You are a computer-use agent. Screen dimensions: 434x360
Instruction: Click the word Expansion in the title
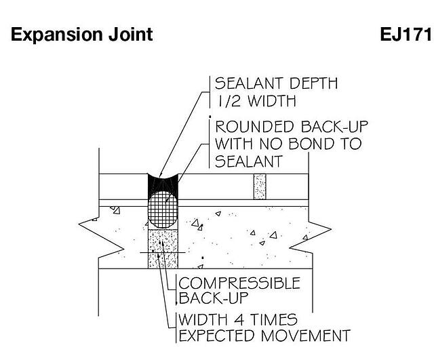57,35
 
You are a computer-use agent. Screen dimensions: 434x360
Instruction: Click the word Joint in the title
130,35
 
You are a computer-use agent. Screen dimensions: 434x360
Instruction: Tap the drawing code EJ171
406,35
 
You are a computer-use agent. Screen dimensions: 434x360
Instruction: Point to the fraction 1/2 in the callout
229,101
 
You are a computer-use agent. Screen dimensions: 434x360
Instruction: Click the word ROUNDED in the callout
254,127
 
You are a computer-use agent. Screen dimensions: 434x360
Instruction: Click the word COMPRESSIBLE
239,283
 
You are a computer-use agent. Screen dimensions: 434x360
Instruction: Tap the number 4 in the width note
239,320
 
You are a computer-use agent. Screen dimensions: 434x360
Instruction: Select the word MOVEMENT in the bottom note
306,336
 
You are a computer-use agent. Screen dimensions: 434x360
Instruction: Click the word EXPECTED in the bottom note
218,336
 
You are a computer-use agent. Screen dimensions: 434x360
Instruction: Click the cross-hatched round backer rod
163,209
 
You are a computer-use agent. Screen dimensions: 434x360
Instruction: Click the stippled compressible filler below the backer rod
163,249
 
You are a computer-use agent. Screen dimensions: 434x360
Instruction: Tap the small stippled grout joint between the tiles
260,186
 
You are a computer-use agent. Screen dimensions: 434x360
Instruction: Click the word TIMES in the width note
273,320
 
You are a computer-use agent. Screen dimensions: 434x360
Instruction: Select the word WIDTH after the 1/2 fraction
272,101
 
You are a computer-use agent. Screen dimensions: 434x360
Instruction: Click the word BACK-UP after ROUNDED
334,127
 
